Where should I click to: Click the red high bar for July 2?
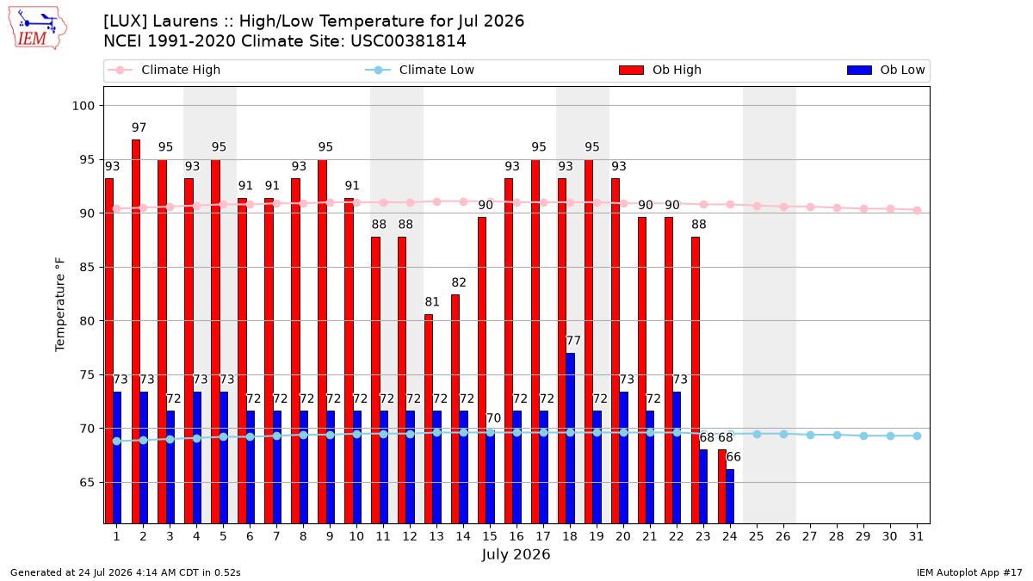[136, 331]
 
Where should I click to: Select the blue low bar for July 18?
[571, 438]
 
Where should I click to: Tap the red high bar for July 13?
[429, 419]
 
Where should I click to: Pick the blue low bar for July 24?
[730, 497]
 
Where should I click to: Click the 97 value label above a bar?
[139, 127]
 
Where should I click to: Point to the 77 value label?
[573, 341]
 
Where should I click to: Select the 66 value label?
[733, 457]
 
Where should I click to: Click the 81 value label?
[432, 302]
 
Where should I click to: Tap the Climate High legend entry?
[164, 70]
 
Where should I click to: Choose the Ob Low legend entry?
[886, 70]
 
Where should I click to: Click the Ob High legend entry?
[660, 70]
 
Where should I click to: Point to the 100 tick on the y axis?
[83, 106]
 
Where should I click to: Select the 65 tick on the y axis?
[87, 483]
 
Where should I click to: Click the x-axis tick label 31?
[916, 537]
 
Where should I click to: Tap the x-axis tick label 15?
[490, 537]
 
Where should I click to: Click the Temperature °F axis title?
[60, 305]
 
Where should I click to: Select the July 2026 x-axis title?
[516, 554]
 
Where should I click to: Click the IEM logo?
[37, 28]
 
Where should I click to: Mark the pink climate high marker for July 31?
[918, 211]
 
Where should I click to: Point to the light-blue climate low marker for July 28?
[837, 436]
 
